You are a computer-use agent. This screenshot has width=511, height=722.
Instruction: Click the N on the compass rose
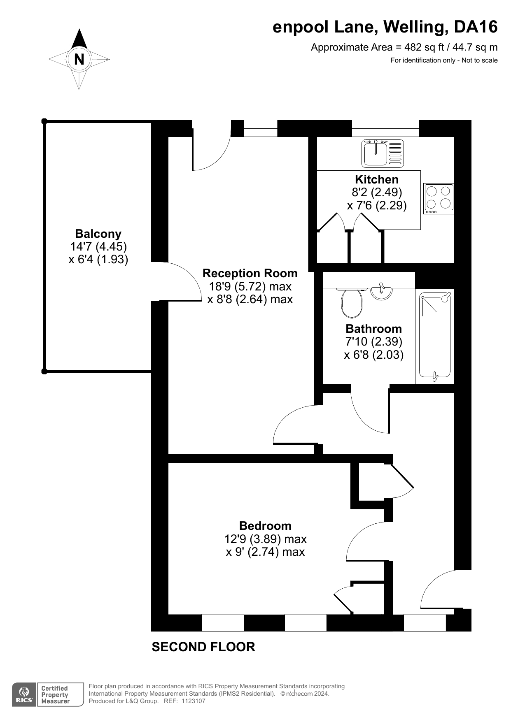coord(79,59)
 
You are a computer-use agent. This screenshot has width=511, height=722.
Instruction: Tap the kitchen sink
coord(383,153)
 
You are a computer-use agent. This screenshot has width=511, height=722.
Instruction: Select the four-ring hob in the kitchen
coord(439,198)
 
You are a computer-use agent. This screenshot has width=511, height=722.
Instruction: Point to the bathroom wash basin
coord(381,291)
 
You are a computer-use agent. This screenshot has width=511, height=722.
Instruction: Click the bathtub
coord(435,336)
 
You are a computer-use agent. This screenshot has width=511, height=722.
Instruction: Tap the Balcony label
coord(98,234)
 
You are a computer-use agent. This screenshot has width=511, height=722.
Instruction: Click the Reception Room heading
coord(250,273)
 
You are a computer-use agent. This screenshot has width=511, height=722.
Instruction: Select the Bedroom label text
coord(265,526)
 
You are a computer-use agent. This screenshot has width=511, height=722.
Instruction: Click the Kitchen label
coord(377,179)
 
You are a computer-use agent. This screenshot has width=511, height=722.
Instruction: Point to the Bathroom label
coord(373,329)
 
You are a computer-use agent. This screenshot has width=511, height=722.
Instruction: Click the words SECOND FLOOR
coord(203,647)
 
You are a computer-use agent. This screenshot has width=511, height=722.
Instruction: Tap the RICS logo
coord(24,694)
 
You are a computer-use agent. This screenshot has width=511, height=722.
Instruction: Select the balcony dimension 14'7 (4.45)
coord(98,246)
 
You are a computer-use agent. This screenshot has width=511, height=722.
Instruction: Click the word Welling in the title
coord(415,27)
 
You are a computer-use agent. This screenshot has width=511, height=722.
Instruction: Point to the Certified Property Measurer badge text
coord(55,694)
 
